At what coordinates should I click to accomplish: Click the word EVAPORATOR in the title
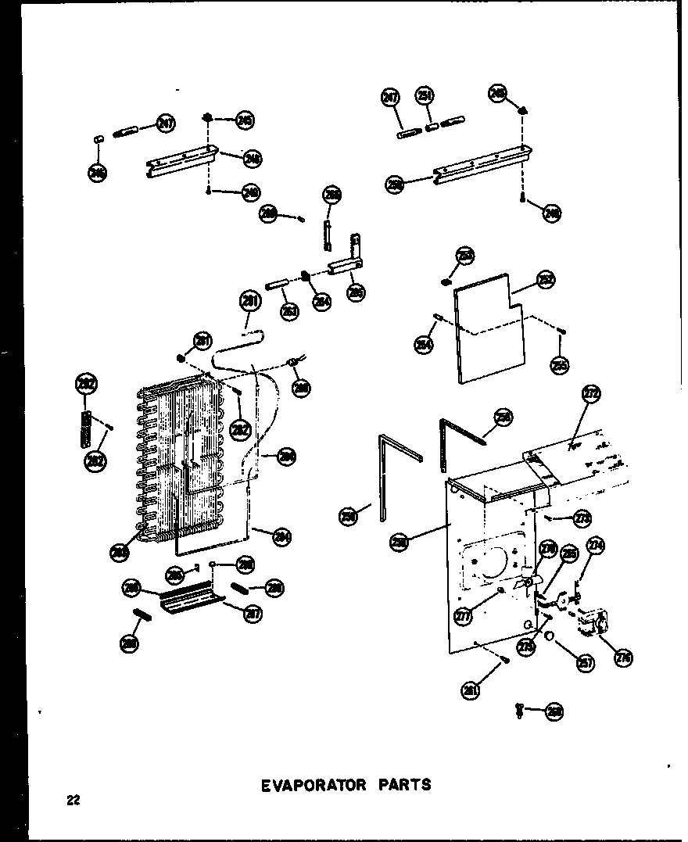pyautogui.click(x=313, y=784)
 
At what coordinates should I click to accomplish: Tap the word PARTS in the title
pyautogui.click(x=403, y=784)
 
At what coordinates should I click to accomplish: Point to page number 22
pyautogui.click(x=73, y=800)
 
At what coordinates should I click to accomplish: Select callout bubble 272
pyautogui.click(x=591, y=396)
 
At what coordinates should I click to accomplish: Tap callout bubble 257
pyautogui.click(x=585, y=663)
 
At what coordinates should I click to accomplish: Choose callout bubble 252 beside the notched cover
pyautogui.click(x=546, y=280)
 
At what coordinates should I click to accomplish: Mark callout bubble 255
pyautogui.click(x=560, y=364)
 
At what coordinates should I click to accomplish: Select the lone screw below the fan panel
pyautogui.click(x=520, y=710)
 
